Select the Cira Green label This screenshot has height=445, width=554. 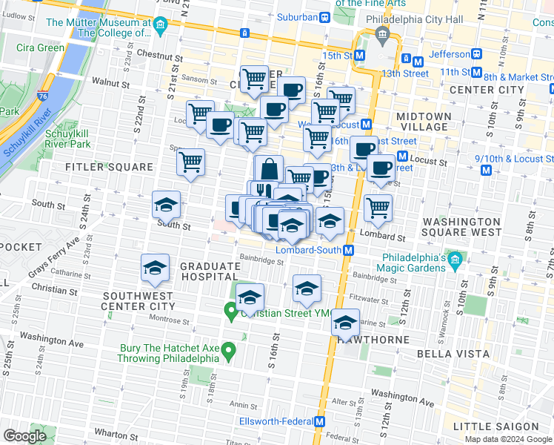pos(40,47)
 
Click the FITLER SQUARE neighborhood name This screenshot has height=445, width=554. pos(110,167)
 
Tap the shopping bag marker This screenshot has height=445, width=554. pos(269,169)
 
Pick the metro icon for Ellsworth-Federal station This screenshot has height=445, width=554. pos(320,421)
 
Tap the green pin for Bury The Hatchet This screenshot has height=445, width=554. pos(229,349)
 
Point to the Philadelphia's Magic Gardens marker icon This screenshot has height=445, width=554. pos(455,260)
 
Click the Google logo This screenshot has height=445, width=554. pos(24,436)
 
